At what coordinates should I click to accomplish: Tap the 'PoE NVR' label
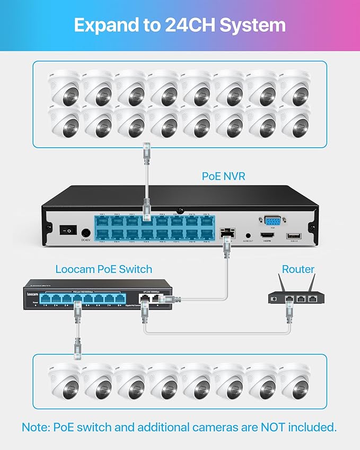pos(223,176)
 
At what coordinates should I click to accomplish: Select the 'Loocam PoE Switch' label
pos(104,269)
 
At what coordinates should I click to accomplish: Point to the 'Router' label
pos(298,269)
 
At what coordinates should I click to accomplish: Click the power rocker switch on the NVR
pos(66,231)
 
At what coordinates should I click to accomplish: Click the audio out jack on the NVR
pos(247,234)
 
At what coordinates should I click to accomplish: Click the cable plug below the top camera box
pos(146,154)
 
